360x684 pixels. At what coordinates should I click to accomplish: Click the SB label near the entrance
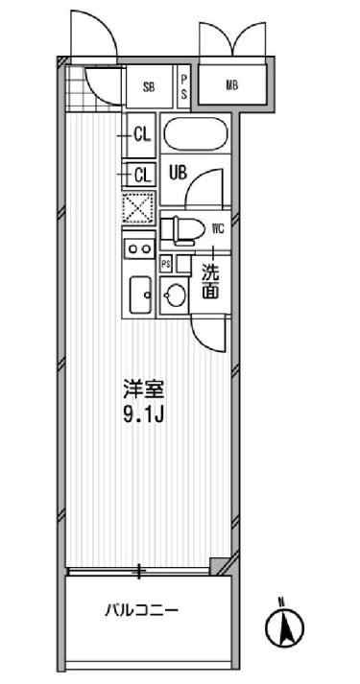149,87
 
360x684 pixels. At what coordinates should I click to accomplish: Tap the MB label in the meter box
232,85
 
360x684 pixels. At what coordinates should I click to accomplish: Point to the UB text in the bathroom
178,173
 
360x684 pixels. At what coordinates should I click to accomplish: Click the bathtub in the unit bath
194,133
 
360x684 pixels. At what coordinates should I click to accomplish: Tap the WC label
217,228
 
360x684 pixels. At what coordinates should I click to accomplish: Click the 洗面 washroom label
210,281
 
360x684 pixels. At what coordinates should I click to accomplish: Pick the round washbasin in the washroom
174,296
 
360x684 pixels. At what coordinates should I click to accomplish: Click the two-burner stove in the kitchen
140,248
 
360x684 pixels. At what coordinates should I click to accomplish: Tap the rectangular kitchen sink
140,292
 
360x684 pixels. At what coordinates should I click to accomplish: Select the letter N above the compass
281,602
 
